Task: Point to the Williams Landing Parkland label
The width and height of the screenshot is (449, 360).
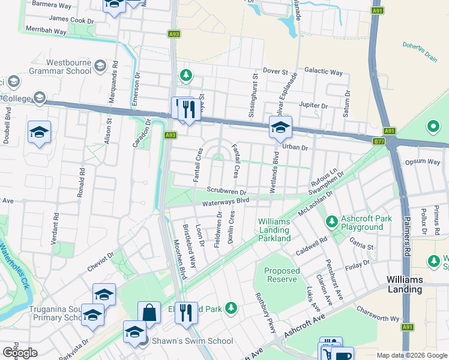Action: [x=274, y=230]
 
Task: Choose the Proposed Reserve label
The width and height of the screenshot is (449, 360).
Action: [x=282, y=275]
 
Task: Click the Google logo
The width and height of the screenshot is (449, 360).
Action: [x=20, y=353]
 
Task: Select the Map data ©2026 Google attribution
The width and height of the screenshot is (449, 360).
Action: [x=412, y=355]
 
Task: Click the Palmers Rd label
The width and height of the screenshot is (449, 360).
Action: [x=406, y=238]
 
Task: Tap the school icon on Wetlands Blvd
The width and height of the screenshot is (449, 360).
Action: [x=280, y=127]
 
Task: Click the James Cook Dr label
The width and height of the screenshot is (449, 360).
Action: [x=71, y=20]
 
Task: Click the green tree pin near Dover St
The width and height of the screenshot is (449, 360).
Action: [x=186, y=76]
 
